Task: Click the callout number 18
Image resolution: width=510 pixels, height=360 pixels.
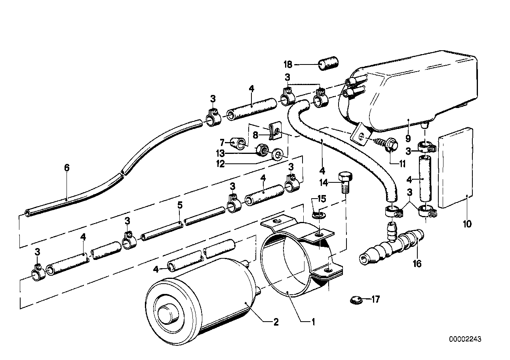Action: pos(288,64)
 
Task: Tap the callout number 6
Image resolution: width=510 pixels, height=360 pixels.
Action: pos(67,168)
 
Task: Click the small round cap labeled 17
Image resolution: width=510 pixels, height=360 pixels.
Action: pos(356,300)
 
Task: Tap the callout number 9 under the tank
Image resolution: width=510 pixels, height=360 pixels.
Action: pos(408,138)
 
